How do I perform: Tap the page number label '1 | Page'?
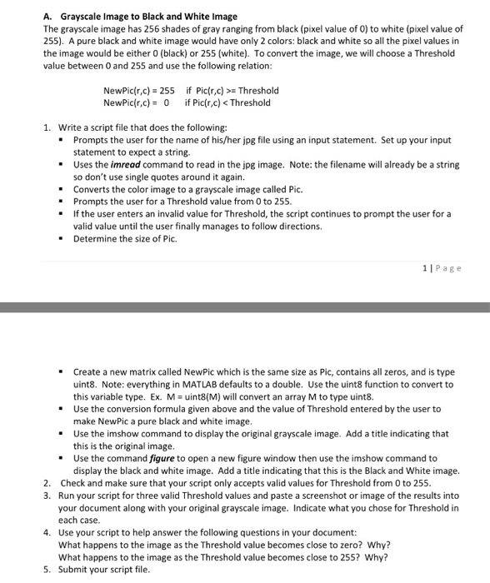(x=442, y=267)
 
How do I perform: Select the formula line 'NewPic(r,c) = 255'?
(x=138, y=91)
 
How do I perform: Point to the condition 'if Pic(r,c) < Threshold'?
(x=227, y=102)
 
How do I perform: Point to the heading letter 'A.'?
(x=47, y=16)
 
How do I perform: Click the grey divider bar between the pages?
(x=245, y=307)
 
